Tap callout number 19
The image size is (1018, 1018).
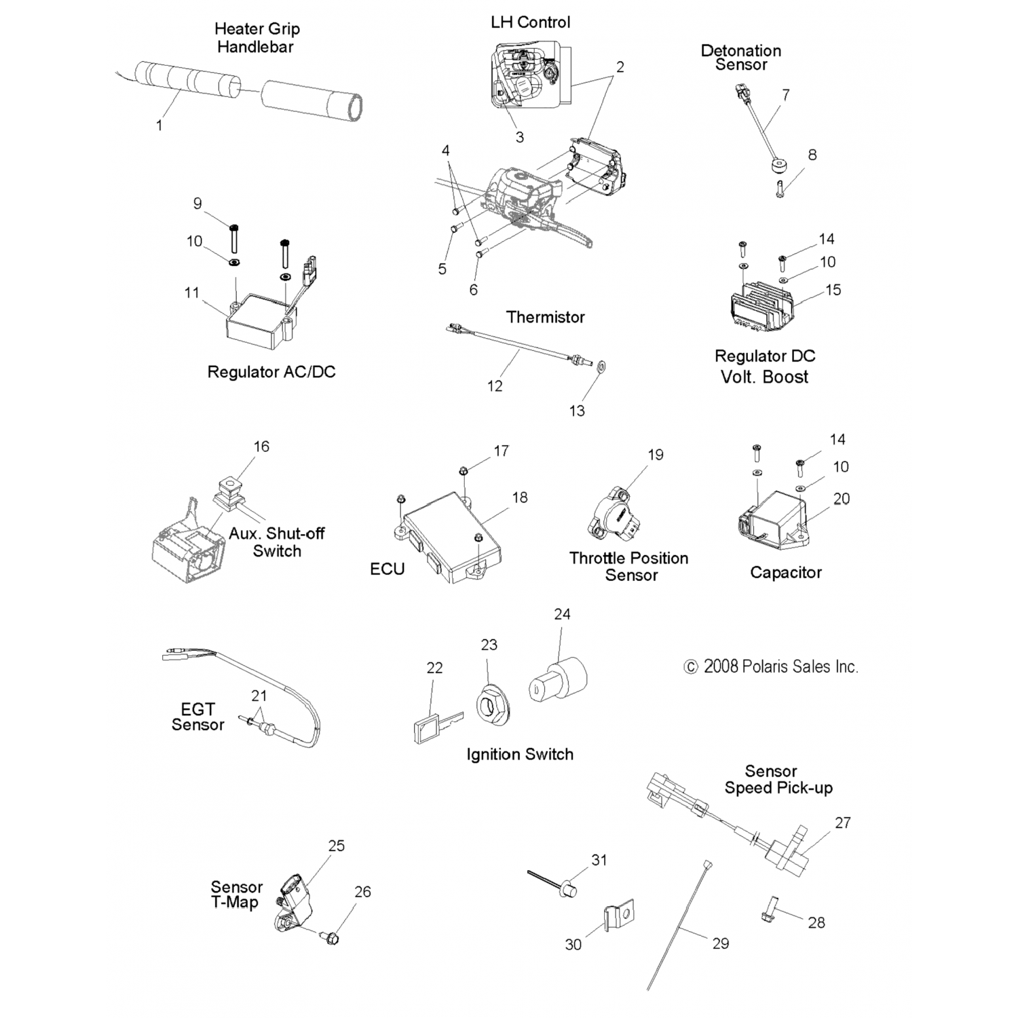656,455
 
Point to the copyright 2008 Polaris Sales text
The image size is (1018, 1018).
771,666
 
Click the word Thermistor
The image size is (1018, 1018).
545,317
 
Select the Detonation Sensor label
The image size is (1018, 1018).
740,58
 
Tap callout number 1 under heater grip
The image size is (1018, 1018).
159,126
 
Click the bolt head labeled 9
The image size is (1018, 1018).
233,227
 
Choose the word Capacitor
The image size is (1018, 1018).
785,573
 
